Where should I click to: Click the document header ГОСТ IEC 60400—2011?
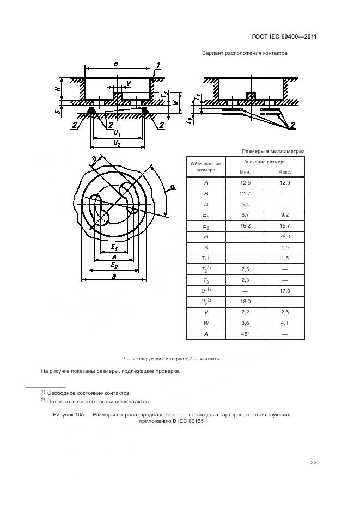tap(284, 37)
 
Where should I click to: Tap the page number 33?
tap(313, 463)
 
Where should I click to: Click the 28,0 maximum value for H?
tap(284, 237)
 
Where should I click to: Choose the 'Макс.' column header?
tap(284, 172)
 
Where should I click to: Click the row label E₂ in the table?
tap(206, 226)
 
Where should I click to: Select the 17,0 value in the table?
tap(284, 291)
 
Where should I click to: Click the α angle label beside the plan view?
tap(172, 187)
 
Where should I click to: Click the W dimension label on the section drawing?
tap(175, 102)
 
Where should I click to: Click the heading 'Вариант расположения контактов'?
tap(245, 54)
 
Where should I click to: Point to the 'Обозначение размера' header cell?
tap(206, 167)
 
